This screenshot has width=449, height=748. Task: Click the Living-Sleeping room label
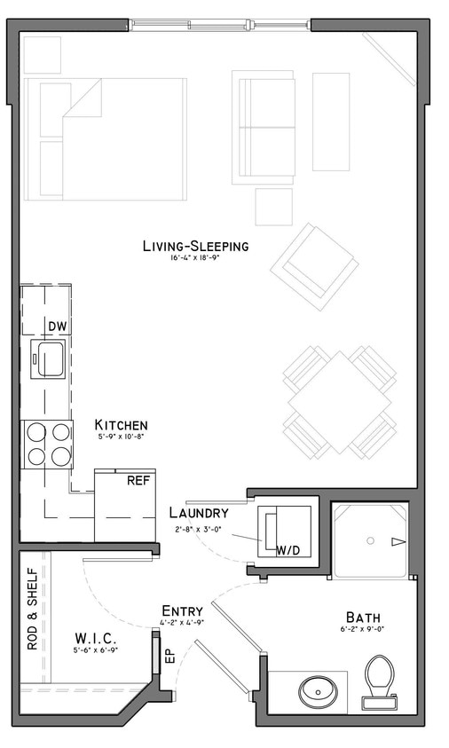[x=195, y=246]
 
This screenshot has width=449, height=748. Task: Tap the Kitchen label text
[x=122, y=425]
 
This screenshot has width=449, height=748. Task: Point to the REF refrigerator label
[x=138, y=481]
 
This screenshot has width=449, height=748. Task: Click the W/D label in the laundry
[x=287, y=550]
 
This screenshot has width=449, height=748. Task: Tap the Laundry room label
[x=199, y=513]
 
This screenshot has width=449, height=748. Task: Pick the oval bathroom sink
[x=316, y=690]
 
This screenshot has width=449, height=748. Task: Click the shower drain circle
[x=371, y=540]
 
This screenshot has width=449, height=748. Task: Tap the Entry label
[x=183, y=610]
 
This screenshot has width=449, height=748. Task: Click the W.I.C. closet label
[x=95, y=638]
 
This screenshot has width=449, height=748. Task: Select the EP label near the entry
[x=169, y=657]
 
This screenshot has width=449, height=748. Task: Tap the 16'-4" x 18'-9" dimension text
[x=195, y=258]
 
